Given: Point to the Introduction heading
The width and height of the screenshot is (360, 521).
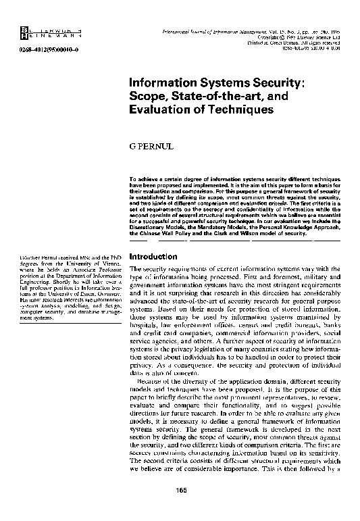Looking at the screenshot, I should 153,257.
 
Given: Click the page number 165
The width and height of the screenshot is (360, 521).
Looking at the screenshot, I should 180,508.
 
